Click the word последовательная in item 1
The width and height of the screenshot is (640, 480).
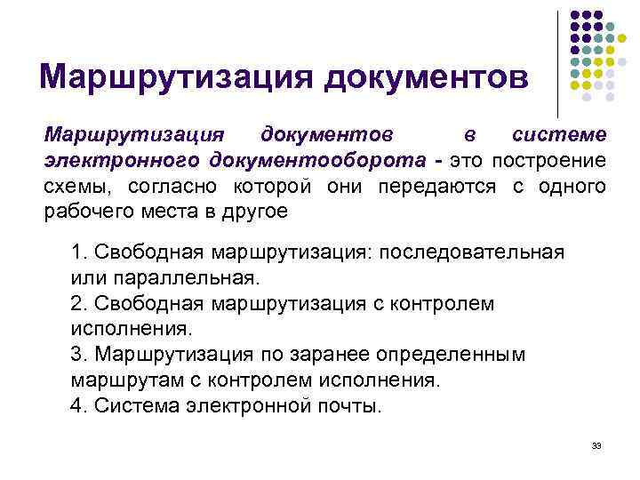click(x=471, y=252)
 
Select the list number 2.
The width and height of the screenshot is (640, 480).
click(x=76, y=304)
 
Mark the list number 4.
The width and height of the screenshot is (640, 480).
click(x=76, y=407)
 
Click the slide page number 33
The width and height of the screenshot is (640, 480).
click(x=596, y=445)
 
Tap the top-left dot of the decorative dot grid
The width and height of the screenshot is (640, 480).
click(x=575, y=16)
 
